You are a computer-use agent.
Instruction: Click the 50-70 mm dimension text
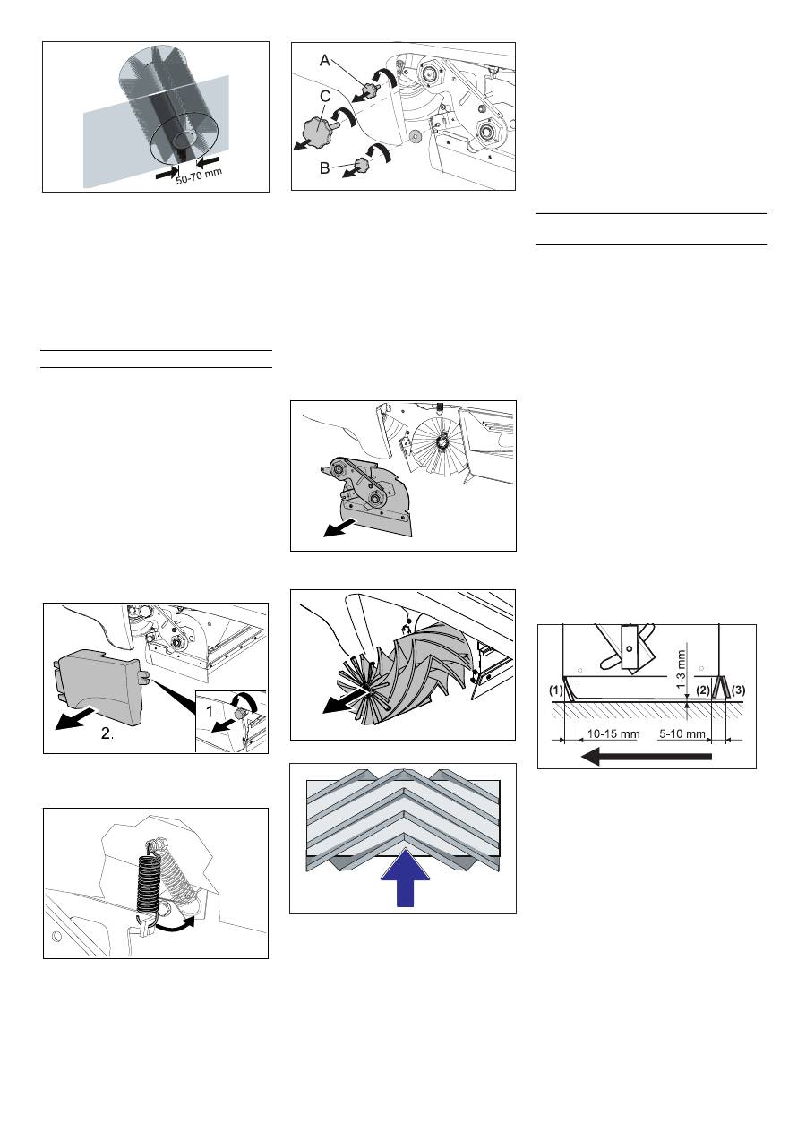(x=199, y=176)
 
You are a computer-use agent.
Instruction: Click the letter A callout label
(x=324, y=61)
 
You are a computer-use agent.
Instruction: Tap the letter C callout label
(x=325, y=96)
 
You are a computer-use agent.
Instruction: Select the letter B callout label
(x=324, y=168)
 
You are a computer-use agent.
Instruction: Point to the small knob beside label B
(x=362, y=165)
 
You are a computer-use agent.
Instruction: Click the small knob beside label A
(x=371, y=89)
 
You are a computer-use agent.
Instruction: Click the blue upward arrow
(x=406, y=878)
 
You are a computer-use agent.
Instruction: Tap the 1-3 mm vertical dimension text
(x=682, y=669)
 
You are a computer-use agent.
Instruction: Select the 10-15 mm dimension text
(x=613, y=733)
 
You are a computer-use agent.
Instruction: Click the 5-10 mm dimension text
(x=682, y=733)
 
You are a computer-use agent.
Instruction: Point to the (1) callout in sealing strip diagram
(x=555, y=690)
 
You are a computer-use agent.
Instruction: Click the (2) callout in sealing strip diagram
(x=703, y=690)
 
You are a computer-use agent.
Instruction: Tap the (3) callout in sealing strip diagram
(x=738, y=690)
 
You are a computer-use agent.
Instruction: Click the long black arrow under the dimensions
(x=647, y=757)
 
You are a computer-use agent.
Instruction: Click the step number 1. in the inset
(x=212, y=712)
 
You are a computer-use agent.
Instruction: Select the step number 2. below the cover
(x=107, y=733)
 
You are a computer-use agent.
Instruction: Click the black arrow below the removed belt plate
(x=339, y=527)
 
